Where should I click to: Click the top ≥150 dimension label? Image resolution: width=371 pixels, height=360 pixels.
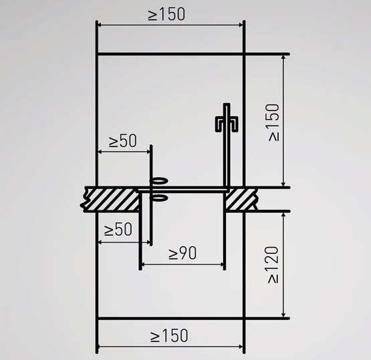[x=166, y=15]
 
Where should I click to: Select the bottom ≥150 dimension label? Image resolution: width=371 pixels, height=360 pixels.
[x=169, y=335]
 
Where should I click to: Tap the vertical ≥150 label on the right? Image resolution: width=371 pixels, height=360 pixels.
[x=274, y=122]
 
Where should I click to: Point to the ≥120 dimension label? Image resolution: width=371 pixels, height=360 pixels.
[x=273, y=264]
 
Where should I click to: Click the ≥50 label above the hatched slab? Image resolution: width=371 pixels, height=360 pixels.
[x=122, y=141]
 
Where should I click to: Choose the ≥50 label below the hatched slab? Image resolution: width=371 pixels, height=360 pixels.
[x=118, y=229]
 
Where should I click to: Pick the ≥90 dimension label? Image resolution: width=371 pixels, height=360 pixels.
[x=182, y=253]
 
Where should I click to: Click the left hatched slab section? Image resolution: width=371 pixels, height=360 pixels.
[x=111, y=199]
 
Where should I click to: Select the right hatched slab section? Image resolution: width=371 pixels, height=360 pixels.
[x=240, y=199]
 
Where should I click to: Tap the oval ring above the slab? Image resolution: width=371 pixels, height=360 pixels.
[x=159, y=181]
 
